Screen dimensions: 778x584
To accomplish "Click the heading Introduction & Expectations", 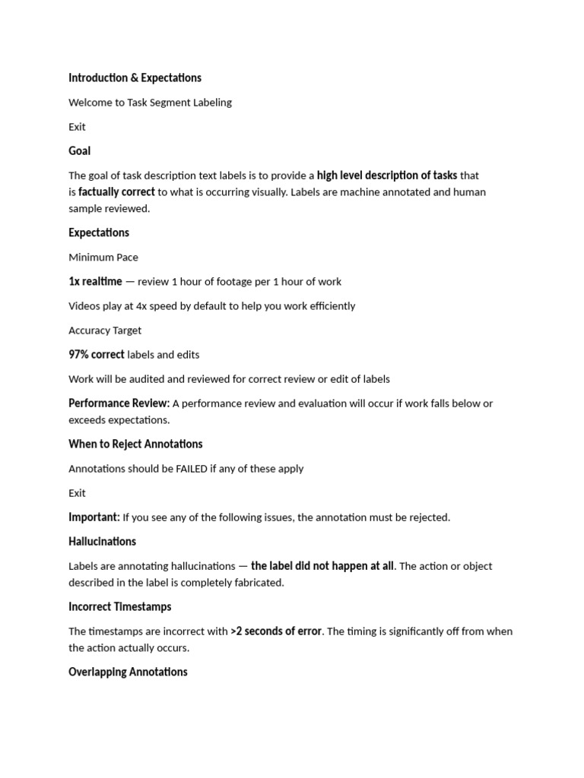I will coord(135,77).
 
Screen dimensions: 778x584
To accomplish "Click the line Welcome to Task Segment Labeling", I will coord(150,102).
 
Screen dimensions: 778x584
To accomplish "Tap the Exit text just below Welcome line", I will coord(77,126).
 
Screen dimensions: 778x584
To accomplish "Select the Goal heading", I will coord(80,150).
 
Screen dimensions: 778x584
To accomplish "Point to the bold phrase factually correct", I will coord(116,191).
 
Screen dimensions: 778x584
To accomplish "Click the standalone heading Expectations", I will coord(99,232).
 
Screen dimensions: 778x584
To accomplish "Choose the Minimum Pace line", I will coord(103,257).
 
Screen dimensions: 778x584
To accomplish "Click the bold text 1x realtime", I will coord(95,281).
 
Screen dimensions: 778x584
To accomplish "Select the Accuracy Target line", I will coord(105,330).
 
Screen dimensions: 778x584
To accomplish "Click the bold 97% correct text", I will coord(97,354).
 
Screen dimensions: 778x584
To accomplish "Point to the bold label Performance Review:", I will coord(119,403).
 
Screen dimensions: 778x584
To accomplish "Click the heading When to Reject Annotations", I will coord(135,444).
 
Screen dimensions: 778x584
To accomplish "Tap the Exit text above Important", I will coord(77,492).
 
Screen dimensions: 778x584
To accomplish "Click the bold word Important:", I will coord(94,517).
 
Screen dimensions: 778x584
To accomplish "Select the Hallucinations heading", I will coord(102,541).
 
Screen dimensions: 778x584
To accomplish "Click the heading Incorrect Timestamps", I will coord(119,606).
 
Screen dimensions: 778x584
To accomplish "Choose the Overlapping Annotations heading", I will coord(128,672).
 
